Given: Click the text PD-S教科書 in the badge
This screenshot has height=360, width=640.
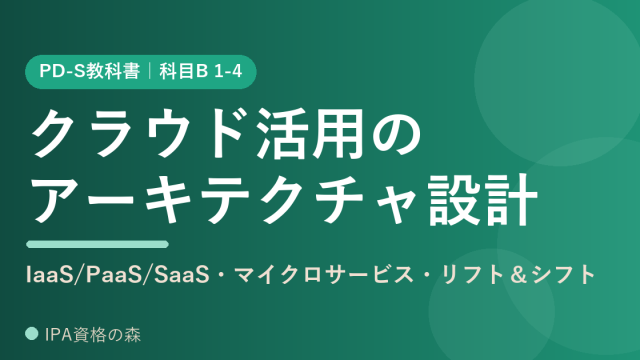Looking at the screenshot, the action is pos(89,71).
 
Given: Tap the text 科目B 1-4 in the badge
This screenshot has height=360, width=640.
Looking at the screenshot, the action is pos(201,71).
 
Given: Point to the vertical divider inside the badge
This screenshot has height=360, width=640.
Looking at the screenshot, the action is pos(149,71).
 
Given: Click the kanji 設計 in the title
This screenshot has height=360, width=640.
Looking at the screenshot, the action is pos(482,200).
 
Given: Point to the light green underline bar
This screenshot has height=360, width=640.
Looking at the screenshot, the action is pos(98,244).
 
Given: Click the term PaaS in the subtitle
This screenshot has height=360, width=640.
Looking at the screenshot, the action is pos(112,275).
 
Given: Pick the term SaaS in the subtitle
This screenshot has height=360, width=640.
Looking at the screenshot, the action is pos(181,275).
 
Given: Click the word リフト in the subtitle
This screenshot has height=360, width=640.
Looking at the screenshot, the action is pos(472,275).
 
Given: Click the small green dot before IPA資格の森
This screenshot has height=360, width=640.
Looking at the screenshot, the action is pos(32,333).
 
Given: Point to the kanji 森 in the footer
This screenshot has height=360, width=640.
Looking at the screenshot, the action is pos(133,335).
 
